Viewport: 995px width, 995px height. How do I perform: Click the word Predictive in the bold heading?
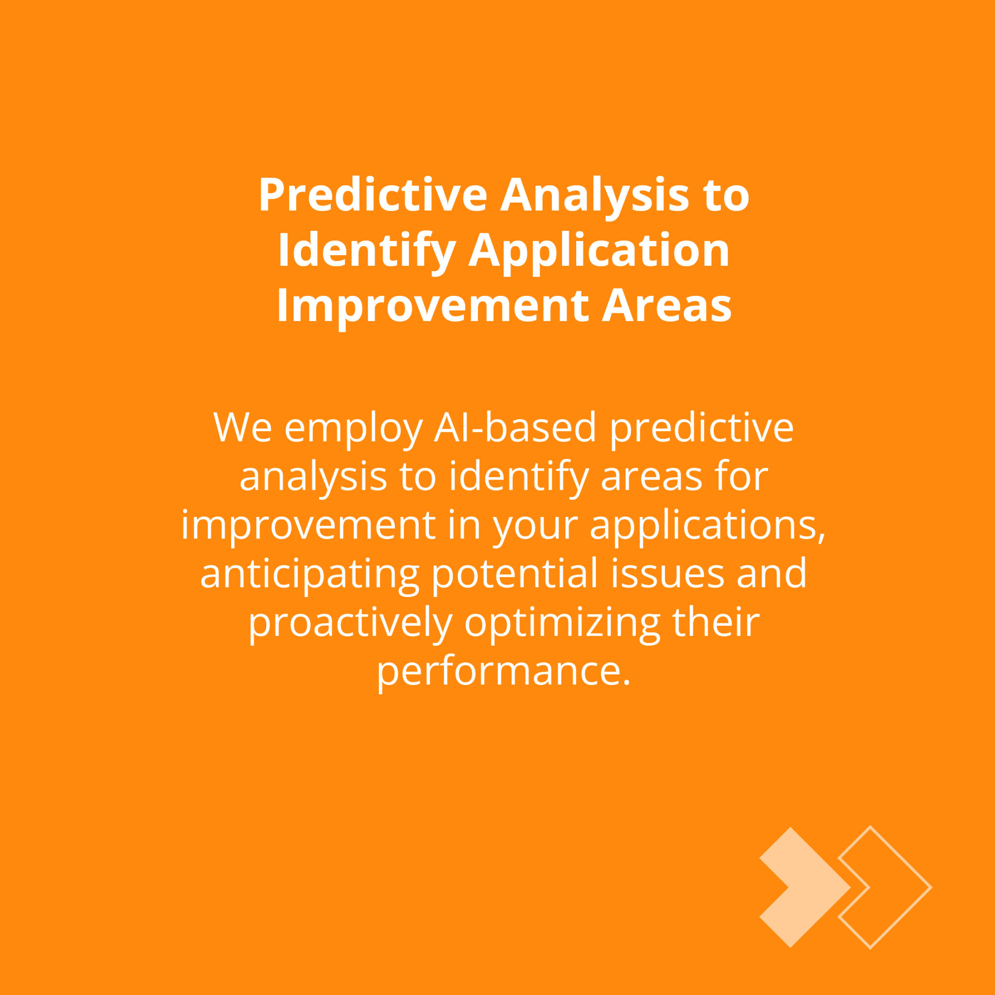(373, 195)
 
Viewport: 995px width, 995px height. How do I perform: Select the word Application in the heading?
(599, 250)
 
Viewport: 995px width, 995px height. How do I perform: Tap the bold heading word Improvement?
(432, 306)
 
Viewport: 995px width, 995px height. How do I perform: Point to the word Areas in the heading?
(667, 306)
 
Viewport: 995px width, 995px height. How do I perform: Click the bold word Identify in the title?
(367, 250)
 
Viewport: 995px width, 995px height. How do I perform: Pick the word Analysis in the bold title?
(594, 195)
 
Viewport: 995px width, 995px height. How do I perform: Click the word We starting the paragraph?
(242, 427)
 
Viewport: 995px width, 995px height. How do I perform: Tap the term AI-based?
(515, 427)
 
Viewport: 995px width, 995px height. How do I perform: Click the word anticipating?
(309, 574)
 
